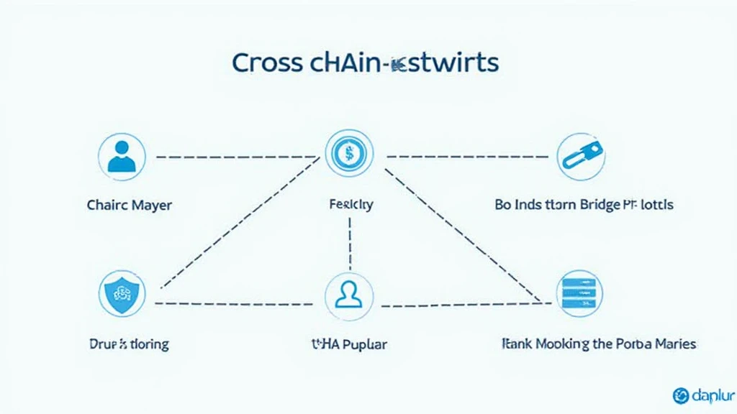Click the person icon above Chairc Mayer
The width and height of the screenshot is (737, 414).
pos(122,157)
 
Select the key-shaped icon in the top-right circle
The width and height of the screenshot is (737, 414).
pos(580,156)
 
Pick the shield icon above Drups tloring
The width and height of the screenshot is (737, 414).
pos(121,294)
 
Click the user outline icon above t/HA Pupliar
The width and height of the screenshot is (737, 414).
pos(348,295)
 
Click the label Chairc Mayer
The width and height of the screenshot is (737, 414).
pos(129,205)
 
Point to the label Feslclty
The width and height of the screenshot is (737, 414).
pos(349,205)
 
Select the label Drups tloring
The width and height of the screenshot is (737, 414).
pos(130,344)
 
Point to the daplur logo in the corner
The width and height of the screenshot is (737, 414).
pos(701,395)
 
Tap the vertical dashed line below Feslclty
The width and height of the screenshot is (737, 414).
pos(349,240)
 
